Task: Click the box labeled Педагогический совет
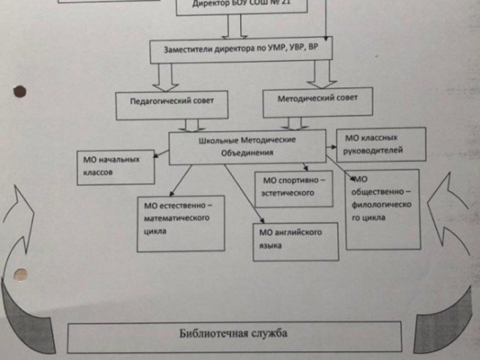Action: (172, 105)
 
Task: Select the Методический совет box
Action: (317, 102)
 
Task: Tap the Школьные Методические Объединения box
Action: (247, 147)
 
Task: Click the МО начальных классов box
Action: (115, 167)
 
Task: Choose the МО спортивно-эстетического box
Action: (294, 188)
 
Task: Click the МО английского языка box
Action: (295, 241)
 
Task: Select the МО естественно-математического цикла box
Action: (181, 223)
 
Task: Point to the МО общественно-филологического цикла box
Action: (382, 209)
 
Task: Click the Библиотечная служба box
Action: (234, 336)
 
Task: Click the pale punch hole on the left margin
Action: (21, 273)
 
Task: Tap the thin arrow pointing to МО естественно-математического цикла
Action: (180, 180)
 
